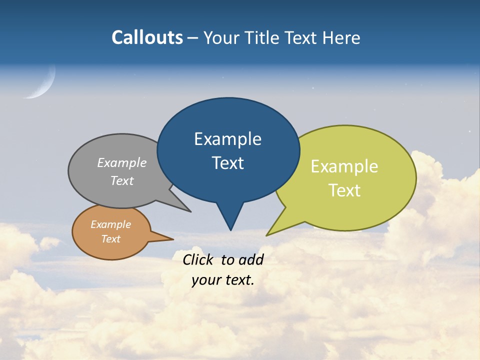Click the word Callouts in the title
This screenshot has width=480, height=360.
(x=147, y=37)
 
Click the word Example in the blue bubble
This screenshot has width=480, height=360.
(x=227, y=139)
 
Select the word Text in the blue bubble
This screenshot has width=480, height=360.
(x=227, y=163)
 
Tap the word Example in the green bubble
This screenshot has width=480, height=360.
(x=344, y=166)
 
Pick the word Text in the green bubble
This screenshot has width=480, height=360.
(x=344, y=190)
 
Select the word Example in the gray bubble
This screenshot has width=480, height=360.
(x=121, y=163)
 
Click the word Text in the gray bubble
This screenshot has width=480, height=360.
(x=121, y=181)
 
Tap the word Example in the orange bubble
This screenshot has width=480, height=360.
(x=110, y=225)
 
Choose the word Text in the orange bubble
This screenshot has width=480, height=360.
(x=110, y=239)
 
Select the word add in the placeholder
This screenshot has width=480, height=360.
(x=251, y=259)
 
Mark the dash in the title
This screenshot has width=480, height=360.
(x=193, y=38)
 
